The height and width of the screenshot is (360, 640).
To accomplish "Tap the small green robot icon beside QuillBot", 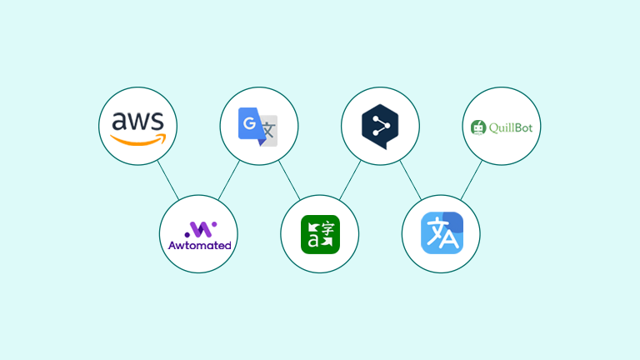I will (478, 127).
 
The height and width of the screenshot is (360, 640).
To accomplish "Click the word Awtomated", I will (199, 246).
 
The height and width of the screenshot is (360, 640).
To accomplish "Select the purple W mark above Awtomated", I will (199, 228).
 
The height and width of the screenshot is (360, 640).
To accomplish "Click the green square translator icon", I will (319, 234).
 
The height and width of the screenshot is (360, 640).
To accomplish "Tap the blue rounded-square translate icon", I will (441, 233).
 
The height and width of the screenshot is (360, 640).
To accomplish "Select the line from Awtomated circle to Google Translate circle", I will (229, 180).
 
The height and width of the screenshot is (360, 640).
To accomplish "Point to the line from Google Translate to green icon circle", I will (289, 180).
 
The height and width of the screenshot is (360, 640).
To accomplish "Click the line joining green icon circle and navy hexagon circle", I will (350, 180).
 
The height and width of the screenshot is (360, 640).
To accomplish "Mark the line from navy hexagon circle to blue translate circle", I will (410, 180).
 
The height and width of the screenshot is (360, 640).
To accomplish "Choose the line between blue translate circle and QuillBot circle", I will (472, 180).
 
